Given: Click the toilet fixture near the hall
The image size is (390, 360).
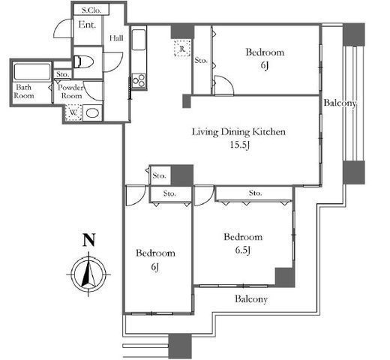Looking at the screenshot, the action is pyautogui.click(x=83, y=61).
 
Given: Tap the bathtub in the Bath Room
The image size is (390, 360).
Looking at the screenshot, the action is pyautogui.click(x=32, y=72).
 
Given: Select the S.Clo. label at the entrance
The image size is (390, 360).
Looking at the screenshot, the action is pyautogui.click(x=91, y=10).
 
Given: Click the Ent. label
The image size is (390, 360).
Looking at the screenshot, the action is pyautogui.click(x=87, y=25).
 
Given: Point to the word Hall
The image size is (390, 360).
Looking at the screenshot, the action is pyautogui.click(x=116, y=38).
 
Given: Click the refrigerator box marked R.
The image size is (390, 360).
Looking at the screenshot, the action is pyautogui.click(x=182, y=48).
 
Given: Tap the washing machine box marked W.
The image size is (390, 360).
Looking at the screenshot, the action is pyautogui.click(x=73, y=112).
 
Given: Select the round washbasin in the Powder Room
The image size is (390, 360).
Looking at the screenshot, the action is pyautogui.click(x=92, y=113).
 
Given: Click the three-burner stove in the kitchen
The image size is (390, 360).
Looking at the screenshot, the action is pyautogui.click(x=139, y=80).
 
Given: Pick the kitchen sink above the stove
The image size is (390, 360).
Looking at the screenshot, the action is pyautogui.click(x=139, y=40).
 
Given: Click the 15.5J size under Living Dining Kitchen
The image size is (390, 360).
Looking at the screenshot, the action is pyautogui.click(x=239, y=145).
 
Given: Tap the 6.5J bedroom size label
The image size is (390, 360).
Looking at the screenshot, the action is pyautogui.click(x=243, y=250).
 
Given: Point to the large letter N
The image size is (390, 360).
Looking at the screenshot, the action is pyautogui.click(x=88, y=240).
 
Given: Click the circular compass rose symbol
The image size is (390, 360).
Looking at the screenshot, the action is pyautogui.click(x=88, y=274).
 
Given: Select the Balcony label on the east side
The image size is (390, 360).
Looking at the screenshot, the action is pyautogui.click(x=340, y=103).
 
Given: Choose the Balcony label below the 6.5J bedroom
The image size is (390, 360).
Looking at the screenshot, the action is pyautogui.click(x=251, y=299).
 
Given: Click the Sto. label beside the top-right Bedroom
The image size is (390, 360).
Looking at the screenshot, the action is pyautogui.click(x=201, y=60).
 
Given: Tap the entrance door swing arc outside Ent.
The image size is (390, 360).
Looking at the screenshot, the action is pyautogui.click(x=63, y=29).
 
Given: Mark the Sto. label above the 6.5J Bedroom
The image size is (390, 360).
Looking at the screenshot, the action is pyautogui.click(x=255, y=193).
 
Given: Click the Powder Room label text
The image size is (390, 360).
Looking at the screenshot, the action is pyautogui.click(x=70, y=91).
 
